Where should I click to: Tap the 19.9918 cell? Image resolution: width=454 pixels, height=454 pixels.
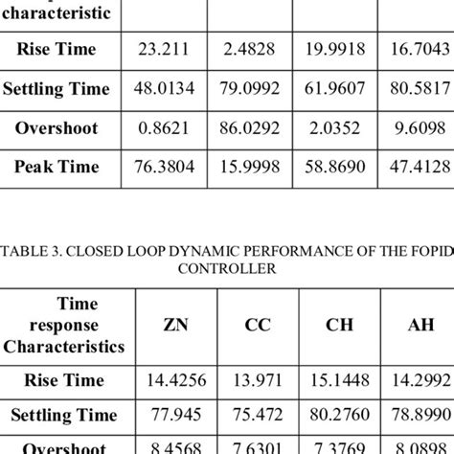tap(338, 50)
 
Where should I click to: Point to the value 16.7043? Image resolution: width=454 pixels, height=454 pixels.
tap(419, 50)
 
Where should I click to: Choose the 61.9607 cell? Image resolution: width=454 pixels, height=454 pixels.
tap(338, 89)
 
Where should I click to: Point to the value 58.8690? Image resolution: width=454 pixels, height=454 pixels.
tap(338, 167)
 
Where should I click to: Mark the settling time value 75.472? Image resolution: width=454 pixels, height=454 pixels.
tap(257, 415)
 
